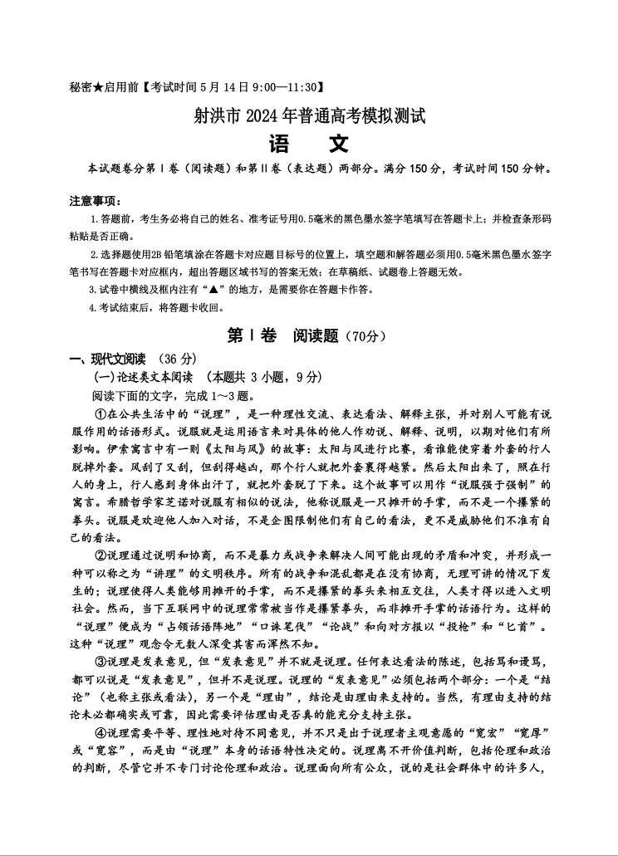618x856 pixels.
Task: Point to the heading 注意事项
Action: pyautogui.click(x=95, y=201)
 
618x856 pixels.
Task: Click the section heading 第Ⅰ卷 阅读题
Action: pyautogui.click(x=282, y=336)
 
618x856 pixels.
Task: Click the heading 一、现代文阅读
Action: pyautogui.click(x=107, y=359)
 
